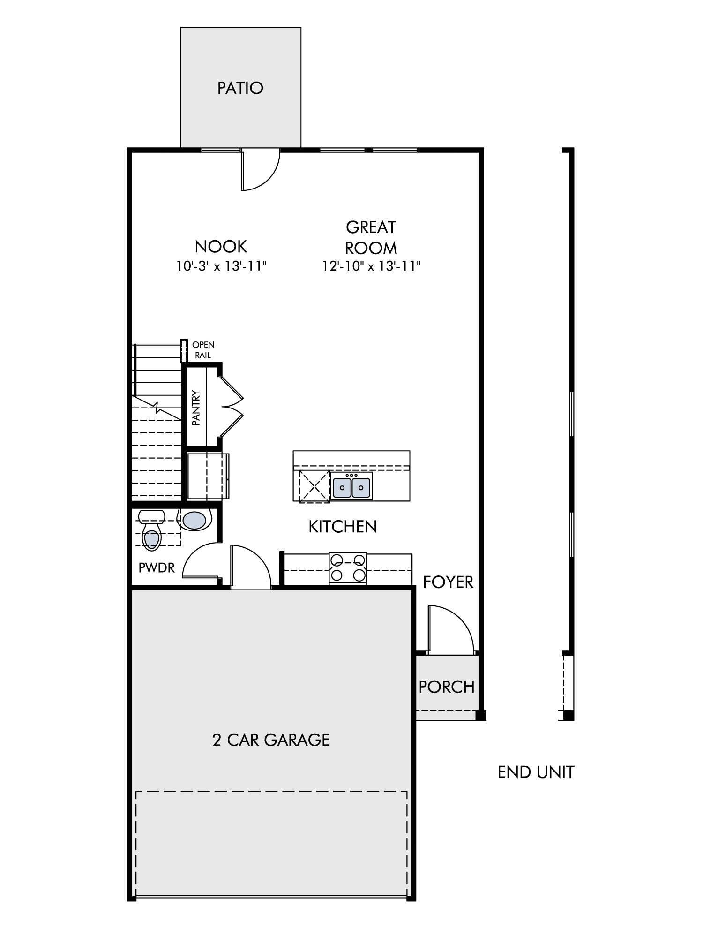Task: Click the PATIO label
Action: click(240, 88)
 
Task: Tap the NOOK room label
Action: click(221, 246)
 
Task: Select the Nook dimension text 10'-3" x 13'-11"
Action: click(221, 266)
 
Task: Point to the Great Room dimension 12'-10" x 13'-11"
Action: click(371, 266)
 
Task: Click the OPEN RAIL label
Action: click(203, 350)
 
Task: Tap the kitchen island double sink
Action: click(351, 486)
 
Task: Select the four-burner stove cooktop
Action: click(348, 568)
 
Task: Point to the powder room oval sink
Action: click(194, 520)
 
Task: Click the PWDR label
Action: click(157, 568)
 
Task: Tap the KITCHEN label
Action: click(343, 527)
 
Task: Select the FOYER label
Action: click(448, 582)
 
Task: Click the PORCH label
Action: click(447, 687)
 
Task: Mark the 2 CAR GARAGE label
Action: click(271, 740)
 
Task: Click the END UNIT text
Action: click(536, 772)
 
